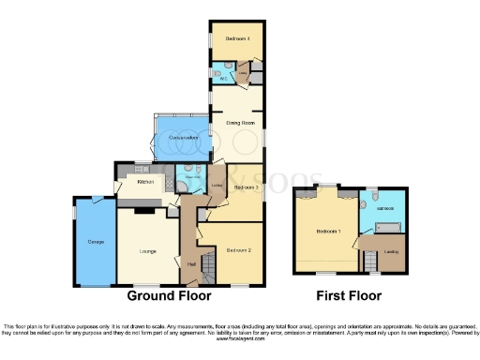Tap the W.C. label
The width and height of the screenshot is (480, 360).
(x=225, y=79)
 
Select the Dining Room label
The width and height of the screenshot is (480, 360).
(x=240, y=123)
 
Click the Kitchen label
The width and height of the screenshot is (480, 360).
(x=144, y=181)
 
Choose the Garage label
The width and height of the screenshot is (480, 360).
(x=96, y=242)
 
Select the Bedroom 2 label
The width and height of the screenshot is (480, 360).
(x=238, y=249)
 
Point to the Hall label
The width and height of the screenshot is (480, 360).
(x=191, y=266)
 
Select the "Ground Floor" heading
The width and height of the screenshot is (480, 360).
(x=168, y=296)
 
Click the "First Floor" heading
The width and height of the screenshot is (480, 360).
(x=349, y=296)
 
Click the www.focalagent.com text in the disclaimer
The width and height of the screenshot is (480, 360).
(x=240, y=339)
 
